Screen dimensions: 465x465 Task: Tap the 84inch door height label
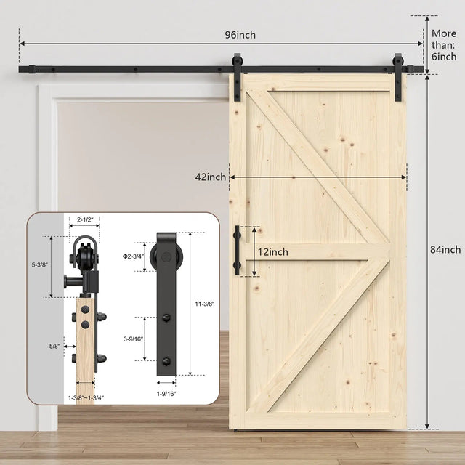click(x=445, y=250)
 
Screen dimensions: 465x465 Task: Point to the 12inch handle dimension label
click(x=273, y=252)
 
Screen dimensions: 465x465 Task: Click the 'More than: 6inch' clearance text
click(x=445, y=44)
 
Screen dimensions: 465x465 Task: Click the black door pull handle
click(x=238, y=251)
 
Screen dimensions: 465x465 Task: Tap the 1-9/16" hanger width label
click(x=166, y=393)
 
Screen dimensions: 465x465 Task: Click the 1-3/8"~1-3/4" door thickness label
click(x=86, y=397)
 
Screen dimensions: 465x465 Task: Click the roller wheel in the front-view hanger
click(x=166, y=258)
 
